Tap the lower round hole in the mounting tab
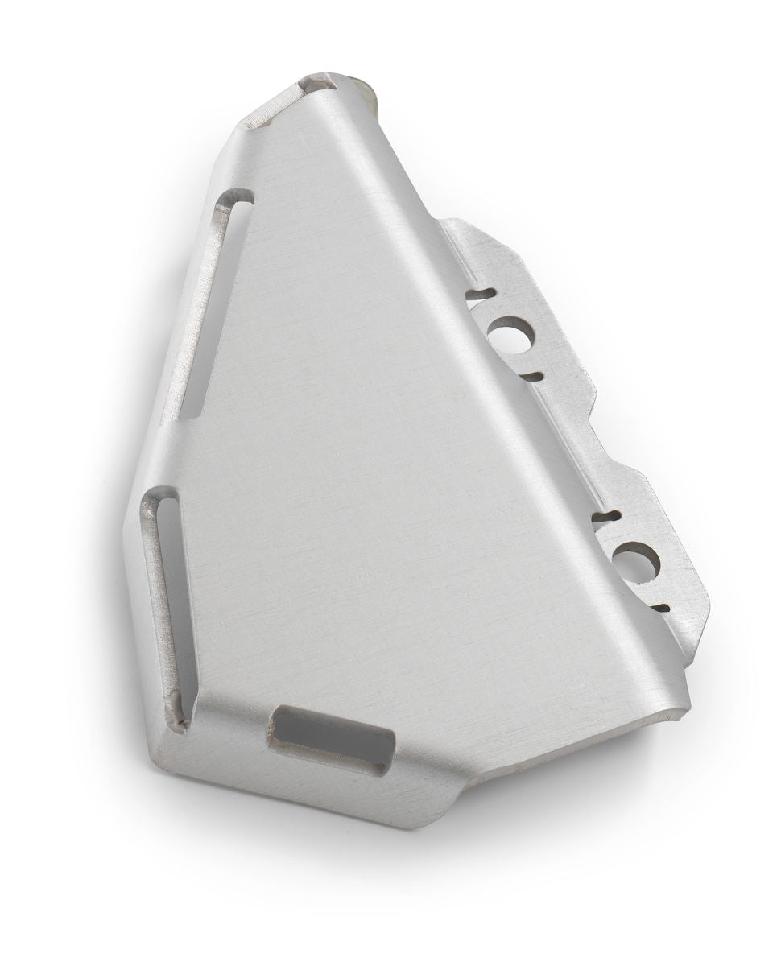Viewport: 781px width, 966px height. pos(636,562)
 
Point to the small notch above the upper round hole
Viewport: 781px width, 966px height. pos(481,294)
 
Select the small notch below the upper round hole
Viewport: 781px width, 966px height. pos(532,376)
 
